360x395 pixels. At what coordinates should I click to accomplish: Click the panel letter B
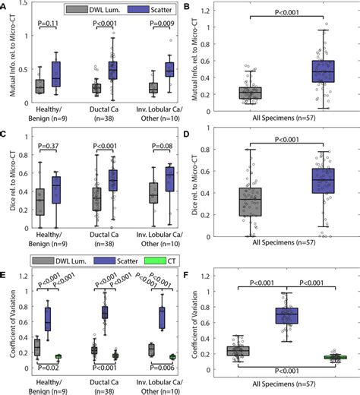pyautogui.click(x=187, y=8)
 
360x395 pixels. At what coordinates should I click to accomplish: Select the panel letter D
pyautogui.click(x=187, y=136)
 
